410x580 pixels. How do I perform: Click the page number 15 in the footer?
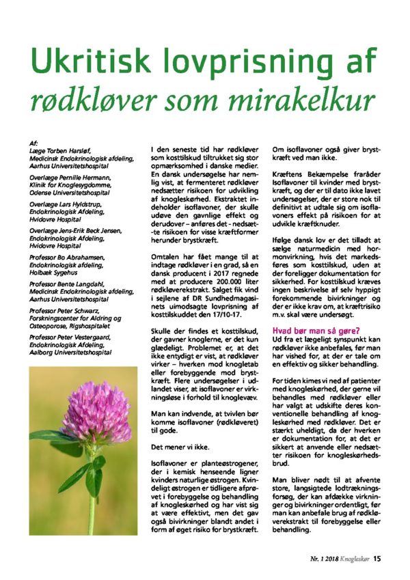pyautogui.click(x=377, y=557)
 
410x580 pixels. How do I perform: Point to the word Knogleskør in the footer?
pyautogui.click(x=352, y=557)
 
